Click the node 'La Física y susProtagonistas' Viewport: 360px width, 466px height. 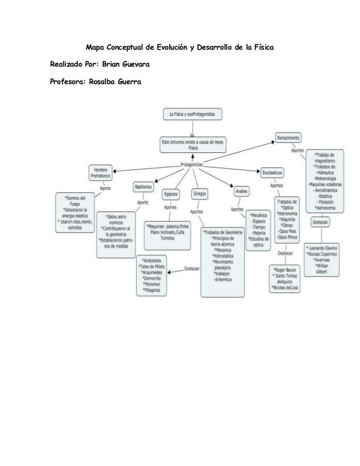click(x=192, y=114)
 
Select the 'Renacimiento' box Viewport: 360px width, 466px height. click(x=288, y=138)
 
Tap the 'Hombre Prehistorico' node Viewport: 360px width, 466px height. click(x=101, y=173)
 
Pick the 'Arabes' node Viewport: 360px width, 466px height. click(x=242, y=192)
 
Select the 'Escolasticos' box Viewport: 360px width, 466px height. click(x=273, y=172)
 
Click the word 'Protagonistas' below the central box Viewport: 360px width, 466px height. click(x=192, y=164)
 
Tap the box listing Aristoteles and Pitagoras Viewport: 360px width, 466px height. click(x=153, y=275)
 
